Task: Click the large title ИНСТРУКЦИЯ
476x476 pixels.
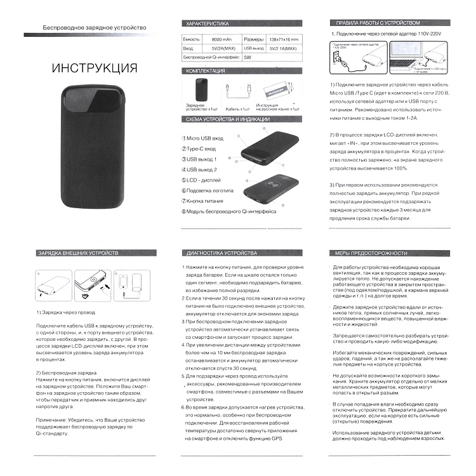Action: (94, 68)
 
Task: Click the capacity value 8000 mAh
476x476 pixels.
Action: (221, 39)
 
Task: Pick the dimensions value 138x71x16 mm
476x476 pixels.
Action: (283, 39)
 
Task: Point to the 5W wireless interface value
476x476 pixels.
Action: (248, 57)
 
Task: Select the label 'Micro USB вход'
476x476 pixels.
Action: (204, 138)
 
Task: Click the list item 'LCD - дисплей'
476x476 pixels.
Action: (203, 180)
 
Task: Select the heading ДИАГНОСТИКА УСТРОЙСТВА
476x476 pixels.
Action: (218, 253)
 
